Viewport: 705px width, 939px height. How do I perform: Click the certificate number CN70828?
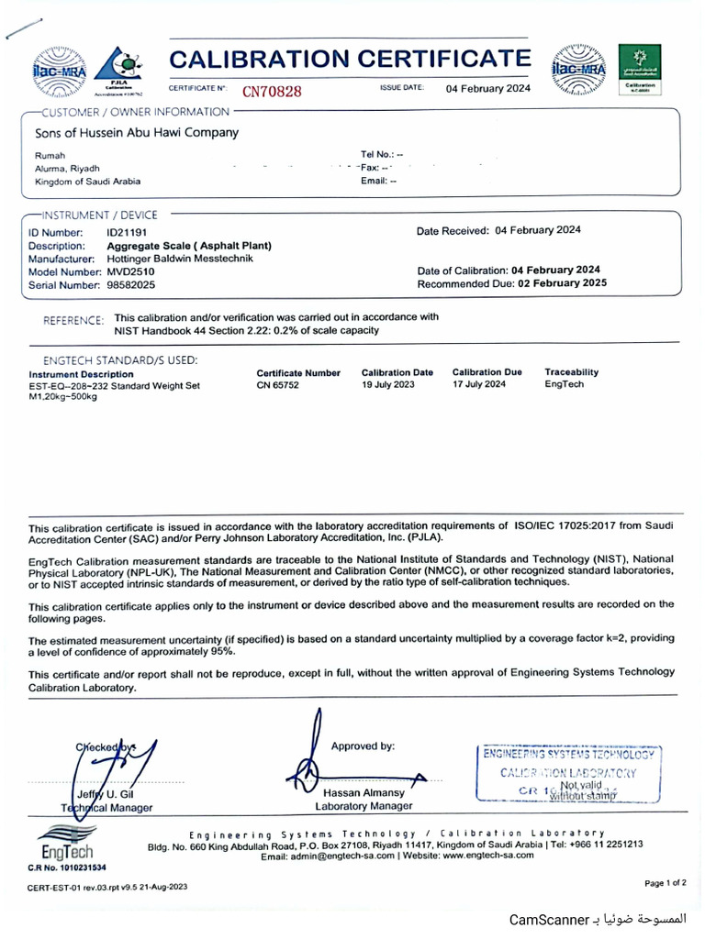click(x=272, y=91)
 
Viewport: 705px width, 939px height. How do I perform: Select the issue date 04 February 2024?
click(x=487, y=89)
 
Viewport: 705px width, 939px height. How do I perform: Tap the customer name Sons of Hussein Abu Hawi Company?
click(x=137, y=132)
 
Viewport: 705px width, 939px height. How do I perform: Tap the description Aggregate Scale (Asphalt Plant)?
click(x=189, y=246)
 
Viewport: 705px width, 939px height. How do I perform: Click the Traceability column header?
click(x=571, y=372)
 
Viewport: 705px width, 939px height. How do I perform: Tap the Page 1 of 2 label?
click(x=665, y=883)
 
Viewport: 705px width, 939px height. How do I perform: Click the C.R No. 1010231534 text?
click(x=67, y=867)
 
